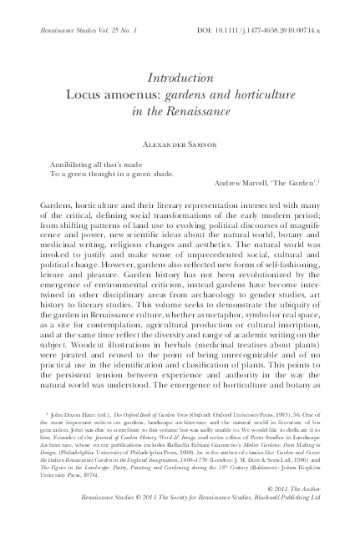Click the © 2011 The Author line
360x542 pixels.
pyautogui.click(x=310, y=509)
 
